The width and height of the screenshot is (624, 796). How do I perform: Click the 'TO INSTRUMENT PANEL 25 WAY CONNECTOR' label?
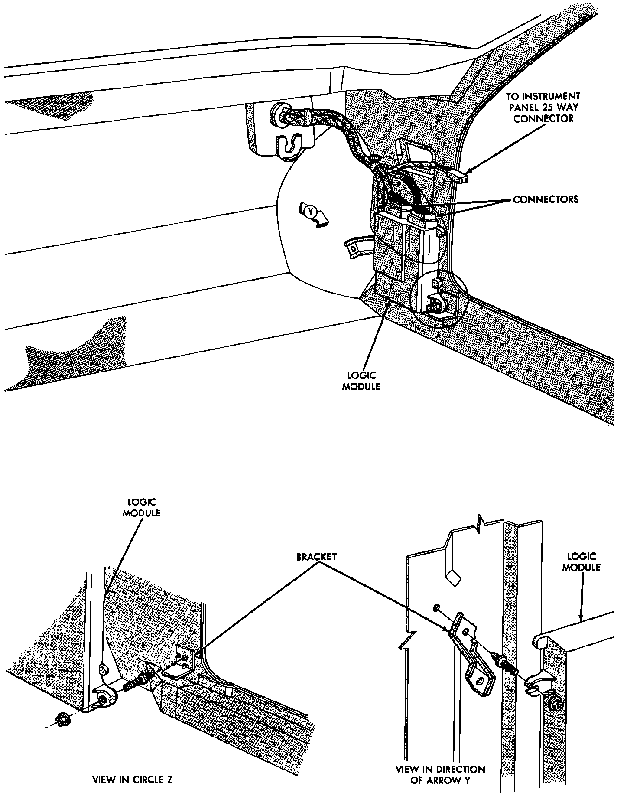pyautogui.click(x=543, y=107)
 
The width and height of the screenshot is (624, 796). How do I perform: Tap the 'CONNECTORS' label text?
pyautogui.click(x=546, y=200)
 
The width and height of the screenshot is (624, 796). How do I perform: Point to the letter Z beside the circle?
pyautogui.click(x=465, y=310)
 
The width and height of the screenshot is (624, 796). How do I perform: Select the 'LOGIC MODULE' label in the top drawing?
pyautogui.click(x=361, y=381)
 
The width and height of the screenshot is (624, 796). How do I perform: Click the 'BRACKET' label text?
pyautogui.click(x=316, y=557)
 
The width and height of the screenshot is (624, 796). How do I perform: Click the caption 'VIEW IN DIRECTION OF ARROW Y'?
pyautogui.click(x=440, y=775)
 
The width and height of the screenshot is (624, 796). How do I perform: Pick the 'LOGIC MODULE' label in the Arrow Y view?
pyautogui.click(x=581, y=561)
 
